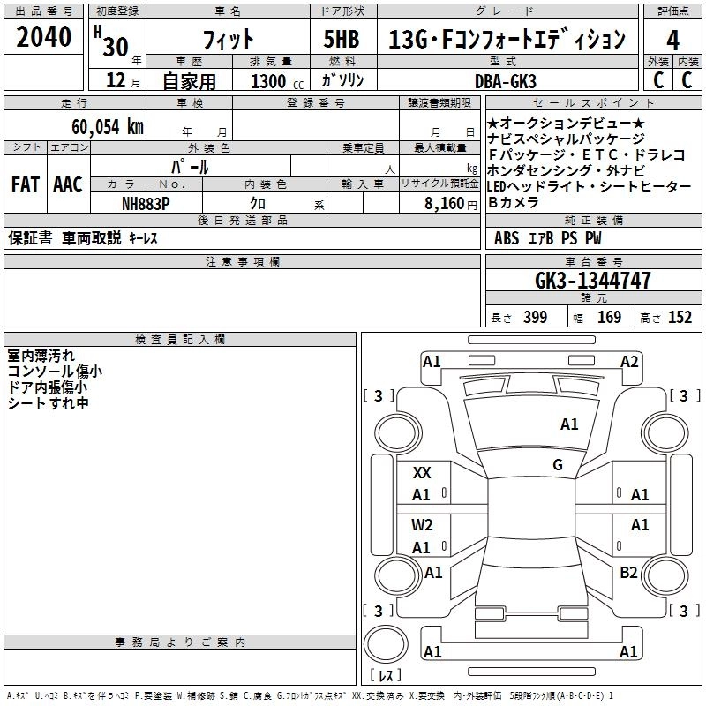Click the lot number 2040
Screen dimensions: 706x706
43,38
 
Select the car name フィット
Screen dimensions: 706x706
228,40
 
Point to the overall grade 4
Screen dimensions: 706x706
673,40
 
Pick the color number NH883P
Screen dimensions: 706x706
146,203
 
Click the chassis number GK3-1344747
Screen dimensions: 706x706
593,281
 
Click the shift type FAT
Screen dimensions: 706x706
25,184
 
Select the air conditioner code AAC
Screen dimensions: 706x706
68,184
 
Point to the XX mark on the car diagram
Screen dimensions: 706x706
422,473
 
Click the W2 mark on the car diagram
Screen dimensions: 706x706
422,525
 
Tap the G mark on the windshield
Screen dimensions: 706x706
558,465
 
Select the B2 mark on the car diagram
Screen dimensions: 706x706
628,573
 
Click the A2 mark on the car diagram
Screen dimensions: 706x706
629,361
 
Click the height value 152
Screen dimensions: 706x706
680,318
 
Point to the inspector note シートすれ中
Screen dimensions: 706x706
48,403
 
